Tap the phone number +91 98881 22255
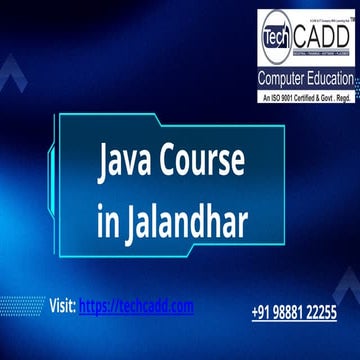(293, 313)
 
